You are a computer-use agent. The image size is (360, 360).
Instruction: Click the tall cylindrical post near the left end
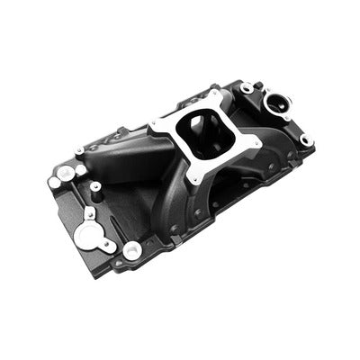95,192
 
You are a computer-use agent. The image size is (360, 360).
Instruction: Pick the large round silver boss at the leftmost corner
65,171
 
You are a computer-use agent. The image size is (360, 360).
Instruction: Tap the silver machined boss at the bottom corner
132,251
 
